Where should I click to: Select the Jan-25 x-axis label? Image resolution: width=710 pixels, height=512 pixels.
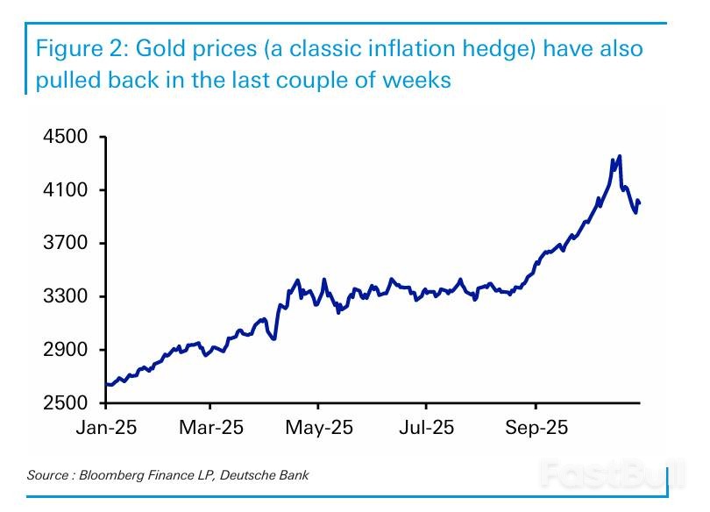[106, 428]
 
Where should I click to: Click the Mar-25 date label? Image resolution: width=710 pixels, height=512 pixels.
[210, 428]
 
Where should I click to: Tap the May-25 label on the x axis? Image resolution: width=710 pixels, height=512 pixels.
[319, 428]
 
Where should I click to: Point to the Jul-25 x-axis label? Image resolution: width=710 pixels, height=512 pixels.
[426, 428]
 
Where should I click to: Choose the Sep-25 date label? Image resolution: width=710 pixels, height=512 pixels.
[536, 428]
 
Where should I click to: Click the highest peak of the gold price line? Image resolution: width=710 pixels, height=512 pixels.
[620, 157]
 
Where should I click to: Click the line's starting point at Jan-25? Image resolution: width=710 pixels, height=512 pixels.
[106, 384]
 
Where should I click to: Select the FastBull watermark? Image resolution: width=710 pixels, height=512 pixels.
[600, 473]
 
